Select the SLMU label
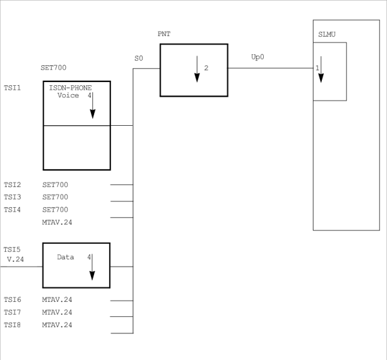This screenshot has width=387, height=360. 326,34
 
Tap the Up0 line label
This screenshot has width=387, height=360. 257,57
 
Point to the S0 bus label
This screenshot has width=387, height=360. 138,59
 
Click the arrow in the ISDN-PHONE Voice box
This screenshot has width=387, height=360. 92,105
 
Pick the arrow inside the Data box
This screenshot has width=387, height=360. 92,266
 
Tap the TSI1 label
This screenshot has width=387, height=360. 12,87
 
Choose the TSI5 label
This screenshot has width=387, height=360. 12,249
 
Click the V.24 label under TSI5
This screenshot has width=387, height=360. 15,259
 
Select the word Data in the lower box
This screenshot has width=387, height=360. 66,257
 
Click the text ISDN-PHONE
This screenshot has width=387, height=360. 70,88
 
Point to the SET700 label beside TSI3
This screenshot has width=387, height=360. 55,197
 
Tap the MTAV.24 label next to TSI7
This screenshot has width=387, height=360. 57,312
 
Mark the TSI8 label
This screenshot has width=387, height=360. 12,325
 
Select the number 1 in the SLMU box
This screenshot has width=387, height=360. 317,67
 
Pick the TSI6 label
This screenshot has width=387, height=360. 12,299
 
